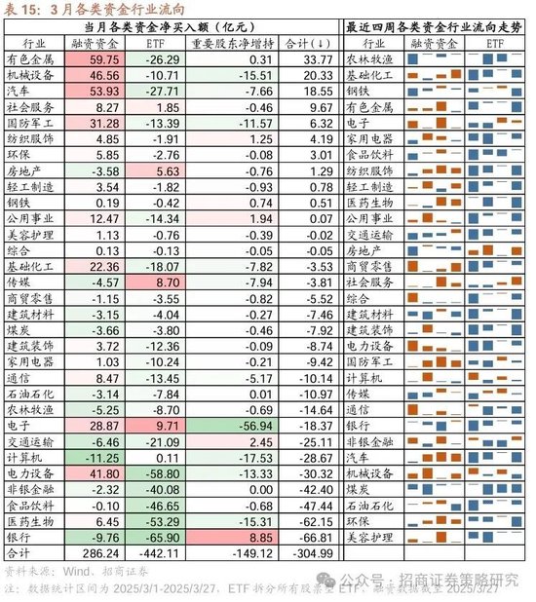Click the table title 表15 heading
(73, 10)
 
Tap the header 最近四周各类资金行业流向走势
(435, 27)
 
